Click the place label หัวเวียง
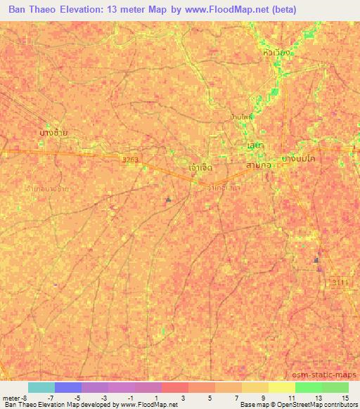pos(276,53)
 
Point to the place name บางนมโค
pos(297,160)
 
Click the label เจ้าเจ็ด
pos(201,168)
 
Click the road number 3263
pos(131,160)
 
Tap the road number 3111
pos(340,282)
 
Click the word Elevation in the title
pos(85,10)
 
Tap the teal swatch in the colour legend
pos(41,387)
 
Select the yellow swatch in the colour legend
pos(281,387)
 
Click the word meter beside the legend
pos(11,398)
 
